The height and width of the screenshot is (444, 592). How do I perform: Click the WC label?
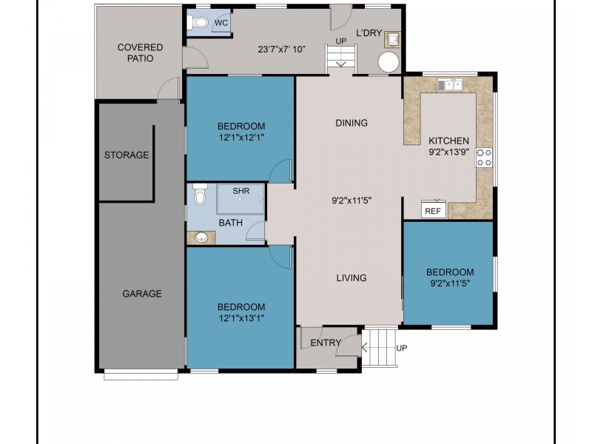coord(221,23)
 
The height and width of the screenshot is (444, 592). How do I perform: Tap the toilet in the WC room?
coord(198,23)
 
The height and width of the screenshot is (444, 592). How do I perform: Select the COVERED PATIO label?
coord(140,53)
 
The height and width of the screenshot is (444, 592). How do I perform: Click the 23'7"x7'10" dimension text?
coord(281,50)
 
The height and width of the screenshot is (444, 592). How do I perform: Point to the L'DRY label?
coord(369,33)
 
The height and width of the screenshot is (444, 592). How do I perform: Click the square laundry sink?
coord(392,39)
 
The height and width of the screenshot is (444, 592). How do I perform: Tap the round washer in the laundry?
coord(388,62)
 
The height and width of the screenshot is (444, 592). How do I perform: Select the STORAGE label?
coord(127,155)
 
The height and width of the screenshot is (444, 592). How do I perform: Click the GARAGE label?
coord(142,294)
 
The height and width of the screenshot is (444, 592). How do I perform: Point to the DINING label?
coord(351,123)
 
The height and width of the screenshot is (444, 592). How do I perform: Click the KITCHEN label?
coord(448,141)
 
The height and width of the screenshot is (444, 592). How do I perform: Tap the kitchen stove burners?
coord(484,158)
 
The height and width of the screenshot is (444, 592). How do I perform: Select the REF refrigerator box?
coord(434,209)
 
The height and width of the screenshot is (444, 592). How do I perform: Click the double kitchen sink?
coord(450,85)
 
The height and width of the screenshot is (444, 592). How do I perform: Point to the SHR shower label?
coord(241,191)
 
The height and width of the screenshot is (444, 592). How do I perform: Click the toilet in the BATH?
coord(200,194)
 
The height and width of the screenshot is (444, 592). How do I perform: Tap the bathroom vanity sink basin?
coord(201,238)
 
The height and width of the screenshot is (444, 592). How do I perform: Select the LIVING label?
coord(351,278)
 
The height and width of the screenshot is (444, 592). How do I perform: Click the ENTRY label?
coord(326,343)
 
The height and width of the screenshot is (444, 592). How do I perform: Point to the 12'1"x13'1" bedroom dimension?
coord(241,318)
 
